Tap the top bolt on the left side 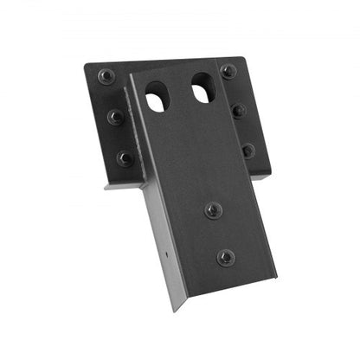[106, 76]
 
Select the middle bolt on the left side [115, 116]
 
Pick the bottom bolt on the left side [125, 158]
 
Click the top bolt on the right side [228, 71]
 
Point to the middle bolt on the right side [238, 111]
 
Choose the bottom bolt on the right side [248, 150]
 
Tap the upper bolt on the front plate [213, 209]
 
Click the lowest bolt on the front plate [225, 257]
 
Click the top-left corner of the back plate [85, 65]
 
